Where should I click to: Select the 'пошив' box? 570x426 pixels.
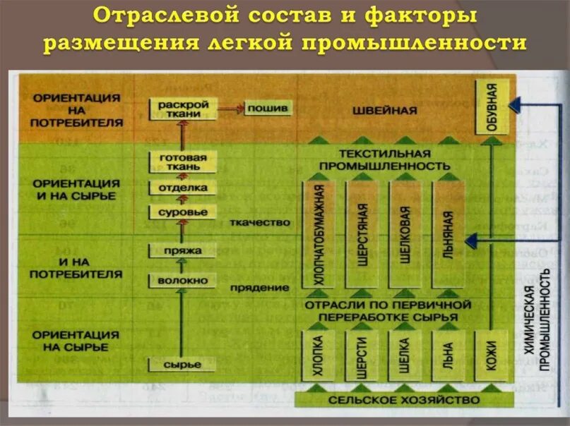[268, 109]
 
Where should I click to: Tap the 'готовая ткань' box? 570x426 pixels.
[184, 162]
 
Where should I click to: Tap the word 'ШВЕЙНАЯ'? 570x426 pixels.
[385, 111]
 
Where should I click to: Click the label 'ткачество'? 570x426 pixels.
[260, 223]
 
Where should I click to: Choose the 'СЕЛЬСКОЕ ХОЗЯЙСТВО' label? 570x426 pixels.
[405, 400]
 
